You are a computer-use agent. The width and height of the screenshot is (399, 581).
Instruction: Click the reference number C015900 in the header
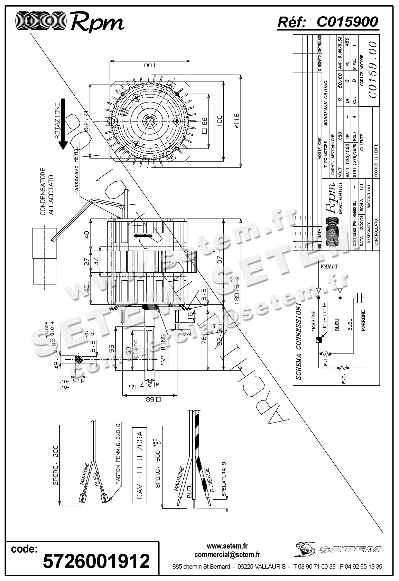point(347,22)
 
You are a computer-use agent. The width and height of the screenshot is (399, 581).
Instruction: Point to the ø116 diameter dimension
point(236,122)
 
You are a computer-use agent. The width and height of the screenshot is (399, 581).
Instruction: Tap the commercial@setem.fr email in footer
point(227,555)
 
